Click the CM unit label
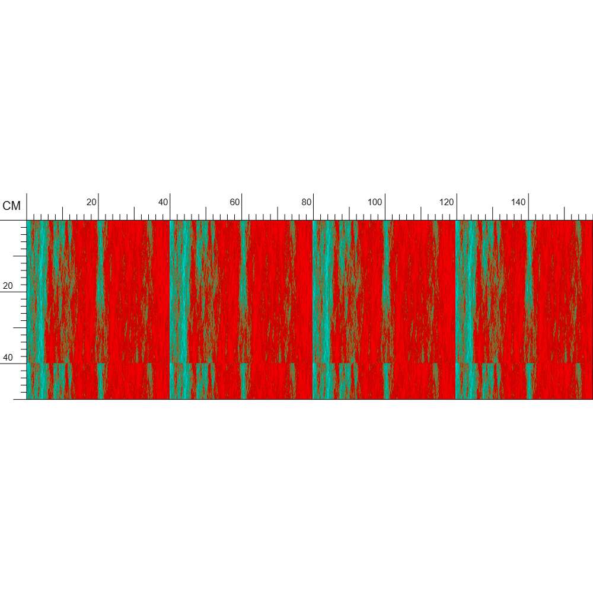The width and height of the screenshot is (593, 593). tap(11, 206)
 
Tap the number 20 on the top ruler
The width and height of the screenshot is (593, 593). tap(91, 202)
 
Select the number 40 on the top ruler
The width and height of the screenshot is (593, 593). tap(163, 202)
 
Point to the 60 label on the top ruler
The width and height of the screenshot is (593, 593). tap(235, 202)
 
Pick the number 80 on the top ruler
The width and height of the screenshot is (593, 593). tap(307, 202)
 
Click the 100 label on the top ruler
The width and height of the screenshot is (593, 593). tap(375, 202)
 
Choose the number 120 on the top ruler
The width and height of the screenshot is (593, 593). tap(447, 202)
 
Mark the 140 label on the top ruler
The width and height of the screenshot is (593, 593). tap(518, 202)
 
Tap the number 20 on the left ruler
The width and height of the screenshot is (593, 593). tap(8, 286)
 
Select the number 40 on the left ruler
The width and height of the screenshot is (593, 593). tap(8, 358)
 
